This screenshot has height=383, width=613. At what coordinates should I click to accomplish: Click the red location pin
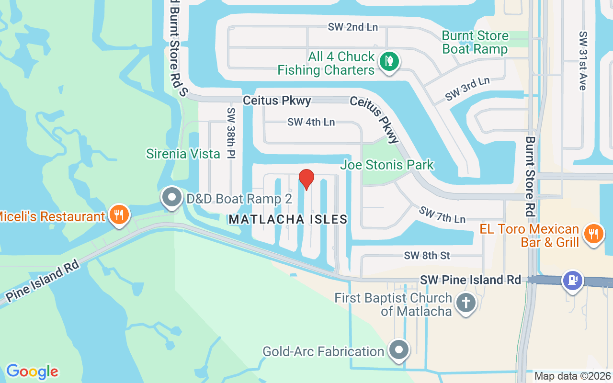coord(306,179)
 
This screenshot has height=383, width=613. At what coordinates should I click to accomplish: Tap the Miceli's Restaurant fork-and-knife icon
coord(118,214)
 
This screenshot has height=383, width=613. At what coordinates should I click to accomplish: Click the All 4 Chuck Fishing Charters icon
coord(390,62)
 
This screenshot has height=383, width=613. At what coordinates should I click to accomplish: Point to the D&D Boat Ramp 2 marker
coord(171,197)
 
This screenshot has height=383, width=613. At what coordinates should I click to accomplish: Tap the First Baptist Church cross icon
coord(466,303)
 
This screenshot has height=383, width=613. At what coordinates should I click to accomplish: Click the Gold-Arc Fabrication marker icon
coord(398,351)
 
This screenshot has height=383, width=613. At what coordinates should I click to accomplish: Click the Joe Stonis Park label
coord(387,165)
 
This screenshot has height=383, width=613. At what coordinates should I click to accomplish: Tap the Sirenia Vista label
coord(183,154)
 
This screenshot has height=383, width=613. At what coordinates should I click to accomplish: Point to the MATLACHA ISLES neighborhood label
coord(288,219)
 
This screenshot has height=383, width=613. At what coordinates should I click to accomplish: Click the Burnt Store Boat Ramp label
coord(475,42)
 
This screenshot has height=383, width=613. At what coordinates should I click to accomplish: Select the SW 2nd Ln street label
coord(353,27)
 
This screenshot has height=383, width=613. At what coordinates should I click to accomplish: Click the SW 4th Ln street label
coord(311,122)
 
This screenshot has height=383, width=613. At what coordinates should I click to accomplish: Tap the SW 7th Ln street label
coord(442,215)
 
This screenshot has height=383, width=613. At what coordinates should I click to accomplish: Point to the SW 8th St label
coord(427,256)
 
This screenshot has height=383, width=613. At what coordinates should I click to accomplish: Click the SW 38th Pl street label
coord(232,133)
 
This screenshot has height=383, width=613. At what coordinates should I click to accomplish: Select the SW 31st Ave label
coord(583,61)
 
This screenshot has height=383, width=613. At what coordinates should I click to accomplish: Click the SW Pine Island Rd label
coord(470,280)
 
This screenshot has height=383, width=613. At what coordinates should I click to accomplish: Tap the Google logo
coord(32,372)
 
